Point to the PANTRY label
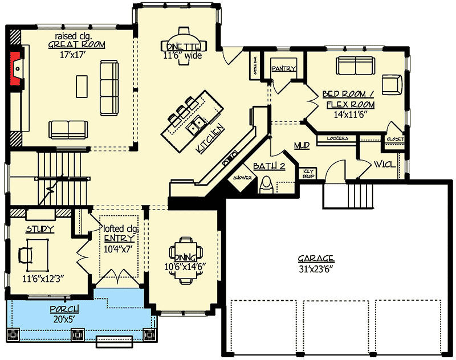283,69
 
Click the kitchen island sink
198,124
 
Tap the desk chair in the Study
25,253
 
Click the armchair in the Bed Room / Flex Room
391,84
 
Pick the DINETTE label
182,47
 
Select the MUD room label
302,146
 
